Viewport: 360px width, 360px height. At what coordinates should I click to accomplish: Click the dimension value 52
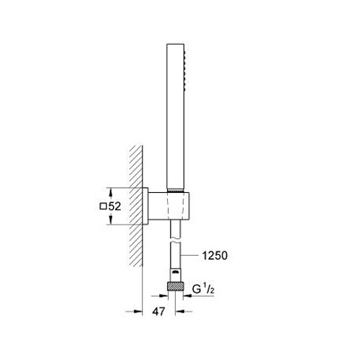click(x=114, y=207)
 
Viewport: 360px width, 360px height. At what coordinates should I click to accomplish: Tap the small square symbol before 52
click(x=103, y=207)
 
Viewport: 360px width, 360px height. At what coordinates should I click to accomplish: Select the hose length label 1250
click(x=215, y=256)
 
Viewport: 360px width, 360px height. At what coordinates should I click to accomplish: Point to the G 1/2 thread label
click(x=203, y=289)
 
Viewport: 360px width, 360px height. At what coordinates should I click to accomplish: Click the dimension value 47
click(x=159, y=312)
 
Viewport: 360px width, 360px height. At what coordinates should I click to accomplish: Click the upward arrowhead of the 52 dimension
click(x=111, y=192)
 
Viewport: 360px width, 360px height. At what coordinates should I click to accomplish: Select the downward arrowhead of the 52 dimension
click(x=111, y=220)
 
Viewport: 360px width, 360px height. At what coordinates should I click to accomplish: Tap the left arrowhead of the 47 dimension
click(x=138, y=312)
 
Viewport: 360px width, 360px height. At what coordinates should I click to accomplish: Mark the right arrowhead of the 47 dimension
click(x=179, y=312)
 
